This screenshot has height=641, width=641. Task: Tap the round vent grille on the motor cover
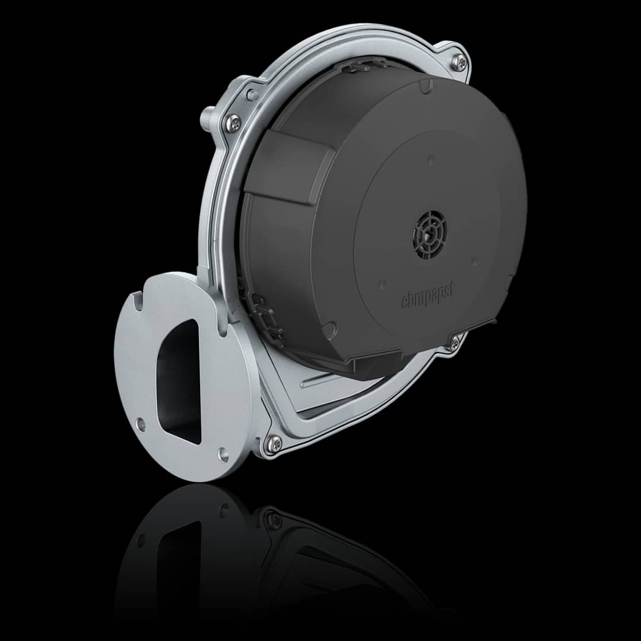430,234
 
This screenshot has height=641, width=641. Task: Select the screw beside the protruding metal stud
233,122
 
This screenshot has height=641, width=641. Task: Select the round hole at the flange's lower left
141,424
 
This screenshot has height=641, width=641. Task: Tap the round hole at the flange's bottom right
223,454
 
